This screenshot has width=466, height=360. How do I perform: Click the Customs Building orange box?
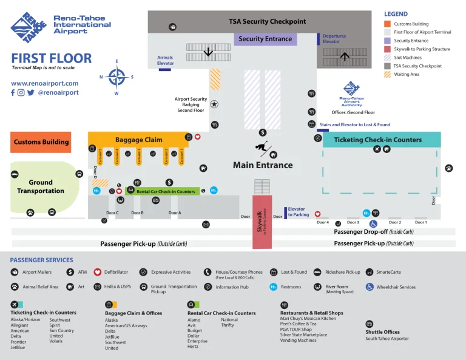pyautogui.click(x=41, y=142)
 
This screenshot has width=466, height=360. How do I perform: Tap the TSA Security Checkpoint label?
pyautogui.click(x=267, y=21)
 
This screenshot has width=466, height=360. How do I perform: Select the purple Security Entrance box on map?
pyautogui.click(x=265, y=39)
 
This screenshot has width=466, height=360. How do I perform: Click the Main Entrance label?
pyautogui.click(x=263, y=165)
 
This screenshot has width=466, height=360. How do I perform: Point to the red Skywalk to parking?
pyautogui.click(x=262, y=222)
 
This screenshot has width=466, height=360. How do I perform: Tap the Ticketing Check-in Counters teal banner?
pyautogui.click(x=377, y=140)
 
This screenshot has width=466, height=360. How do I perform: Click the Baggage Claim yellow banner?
pyautogui.click(x=138, y=140)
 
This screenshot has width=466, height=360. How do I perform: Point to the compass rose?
pyautogui.click(x=116, y=77)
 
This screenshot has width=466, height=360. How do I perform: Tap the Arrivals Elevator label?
pyautogui.click(x=165, y=60)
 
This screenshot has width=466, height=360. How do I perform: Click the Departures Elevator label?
pyautogui.click(x=334, y=39)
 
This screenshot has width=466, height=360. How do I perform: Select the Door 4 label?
pyautogui.click(x=323, y=222)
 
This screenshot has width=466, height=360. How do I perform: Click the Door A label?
pyautogui.click(x=175, y=213)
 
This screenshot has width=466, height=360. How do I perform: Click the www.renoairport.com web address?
pyautogui.click(x=44, y=83)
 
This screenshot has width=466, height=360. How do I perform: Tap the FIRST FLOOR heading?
pyautogui.click(x=52, y=59)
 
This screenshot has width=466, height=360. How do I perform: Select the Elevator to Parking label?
pyautogui.click(x=297, y=212)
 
